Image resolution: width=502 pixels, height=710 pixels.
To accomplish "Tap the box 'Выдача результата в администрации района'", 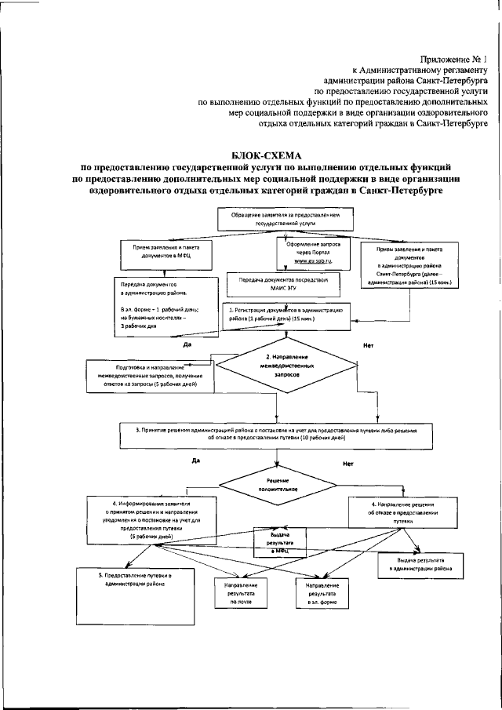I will (421, 566).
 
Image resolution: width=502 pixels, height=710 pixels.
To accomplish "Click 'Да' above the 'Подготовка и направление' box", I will (187, 343).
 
